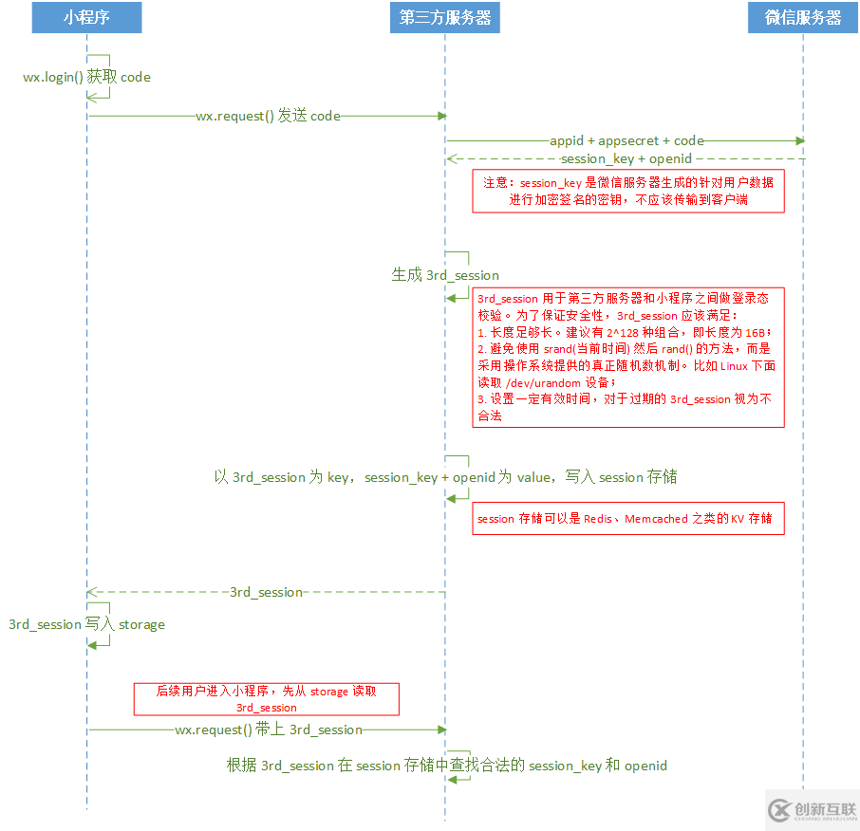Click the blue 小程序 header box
86,18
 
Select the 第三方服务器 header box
444,18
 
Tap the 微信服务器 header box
803,18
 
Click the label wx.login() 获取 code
86,77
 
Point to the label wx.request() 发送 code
268,116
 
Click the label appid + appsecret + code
626,140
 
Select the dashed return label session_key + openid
626,158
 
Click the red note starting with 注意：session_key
628,191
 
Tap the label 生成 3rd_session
445,275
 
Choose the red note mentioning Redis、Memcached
628,519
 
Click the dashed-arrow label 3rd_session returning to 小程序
266,592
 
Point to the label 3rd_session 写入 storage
86,624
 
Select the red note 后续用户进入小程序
266,699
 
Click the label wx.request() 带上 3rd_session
269,729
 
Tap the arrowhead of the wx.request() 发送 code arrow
441,116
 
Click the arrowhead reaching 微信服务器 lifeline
800,140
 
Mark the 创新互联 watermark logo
812,809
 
